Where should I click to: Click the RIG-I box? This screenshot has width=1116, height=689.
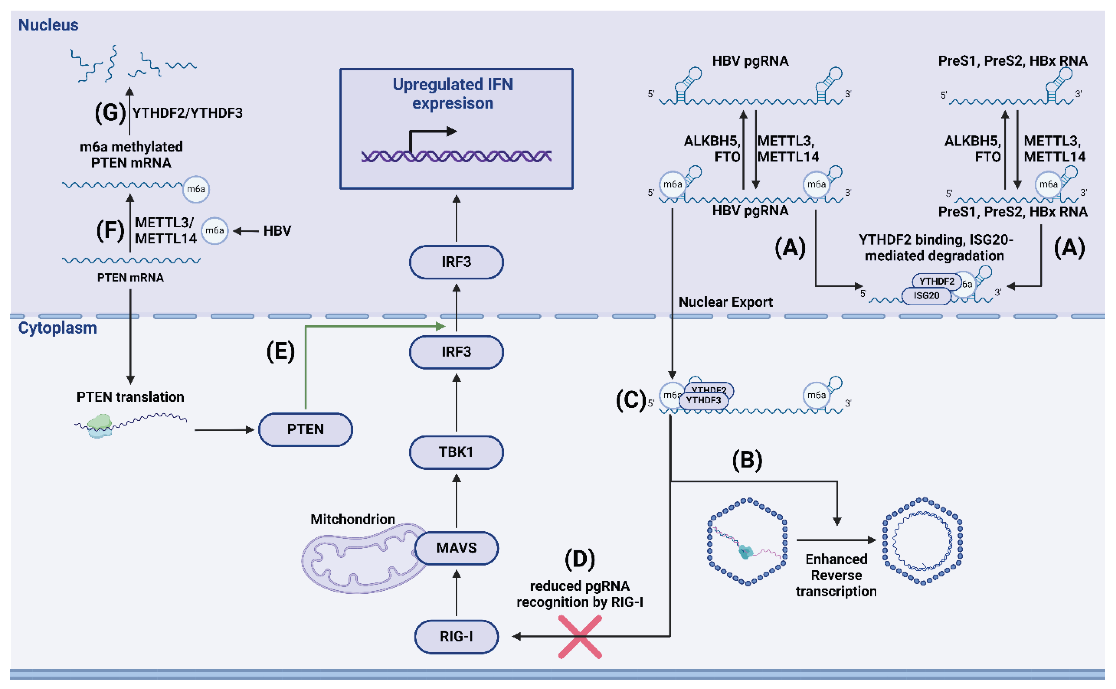click(456, 636)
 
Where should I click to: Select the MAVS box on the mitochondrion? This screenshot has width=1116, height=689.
click(456, 548)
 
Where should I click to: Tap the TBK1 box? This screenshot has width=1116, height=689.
click(456, 452)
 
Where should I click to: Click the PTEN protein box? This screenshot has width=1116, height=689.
click(305, 429)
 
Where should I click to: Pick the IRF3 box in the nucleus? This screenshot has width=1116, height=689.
click(456, 262)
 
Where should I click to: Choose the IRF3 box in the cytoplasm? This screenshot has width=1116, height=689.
click(456, 352)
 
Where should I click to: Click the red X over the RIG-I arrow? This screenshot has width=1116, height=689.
click(580, 636)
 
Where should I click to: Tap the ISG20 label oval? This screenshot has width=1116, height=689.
click(926, 296)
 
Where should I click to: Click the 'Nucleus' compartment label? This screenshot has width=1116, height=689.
click(48, 25)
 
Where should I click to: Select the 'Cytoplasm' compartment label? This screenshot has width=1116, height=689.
click(57, 328)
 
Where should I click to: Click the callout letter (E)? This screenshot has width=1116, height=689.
click(280, 352)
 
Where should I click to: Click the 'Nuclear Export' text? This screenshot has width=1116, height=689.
click(725, 302)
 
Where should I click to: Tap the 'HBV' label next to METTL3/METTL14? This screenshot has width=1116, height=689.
click(277, 231)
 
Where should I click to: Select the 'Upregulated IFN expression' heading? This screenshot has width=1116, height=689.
click(453, 94)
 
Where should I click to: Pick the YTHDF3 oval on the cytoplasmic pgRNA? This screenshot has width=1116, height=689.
click(703, 400)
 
